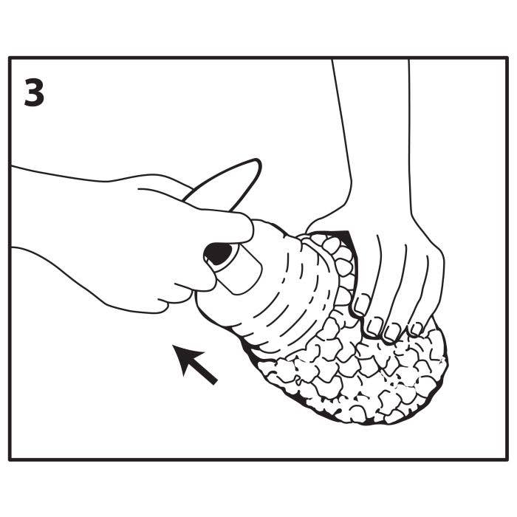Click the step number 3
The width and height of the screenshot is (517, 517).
34,92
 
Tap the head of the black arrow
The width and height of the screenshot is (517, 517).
185,357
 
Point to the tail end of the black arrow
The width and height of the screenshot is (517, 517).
215,382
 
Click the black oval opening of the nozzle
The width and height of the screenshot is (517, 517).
218,253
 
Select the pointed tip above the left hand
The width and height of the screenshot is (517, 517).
257,162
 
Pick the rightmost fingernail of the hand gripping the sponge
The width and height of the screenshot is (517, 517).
415,329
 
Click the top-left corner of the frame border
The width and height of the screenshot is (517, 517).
10,58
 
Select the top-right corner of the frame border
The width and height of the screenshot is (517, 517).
507,58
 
